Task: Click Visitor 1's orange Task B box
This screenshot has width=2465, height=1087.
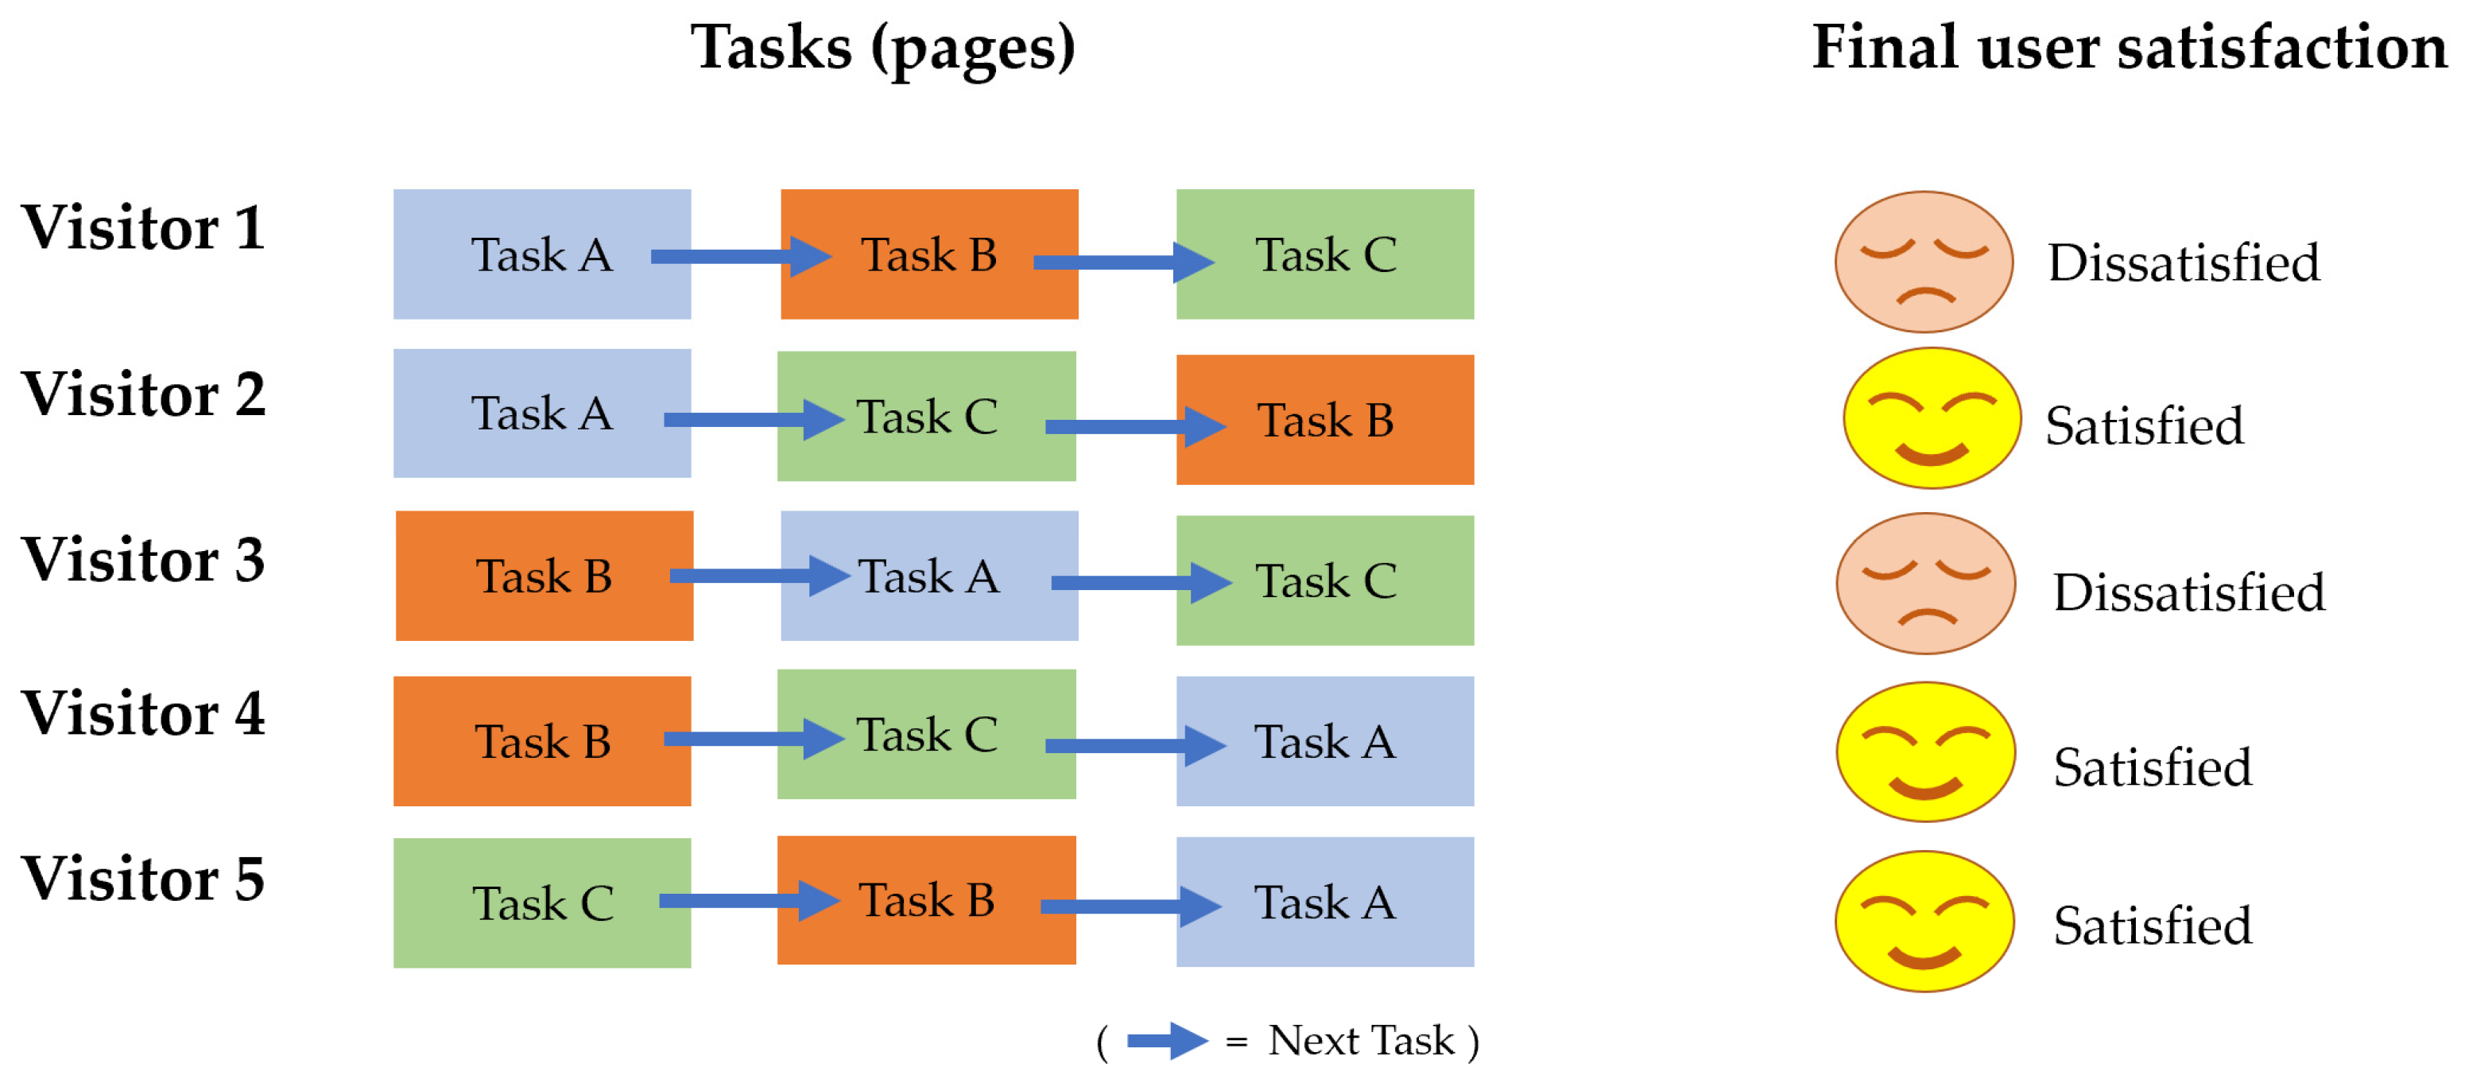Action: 928,254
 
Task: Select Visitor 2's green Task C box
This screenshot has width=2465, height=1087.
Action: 926,415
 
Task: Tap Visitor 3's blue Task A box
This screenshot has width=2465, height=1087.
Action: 928,575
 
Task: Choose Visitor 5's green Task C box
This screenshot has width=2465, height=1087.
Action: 541,903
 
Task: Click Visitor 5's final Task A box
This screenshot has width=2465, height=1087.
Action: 1324,902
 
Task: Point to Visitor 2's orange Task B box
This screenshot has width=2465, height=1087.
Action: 1324,419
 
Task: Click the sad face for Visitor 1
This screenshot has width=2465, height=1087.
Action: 1924,262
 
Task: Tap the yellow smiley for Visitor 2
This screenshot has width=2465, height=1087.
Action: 1931,418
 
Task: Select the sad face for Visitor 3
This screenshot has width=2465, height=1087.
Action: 1925,583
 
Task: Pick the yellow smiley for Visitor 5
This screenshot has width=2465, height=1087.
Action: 1924,921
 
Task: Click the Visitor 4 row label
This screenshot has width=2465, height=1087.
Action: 144,714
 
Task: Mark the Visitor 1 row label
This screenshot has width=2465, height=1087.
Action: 144,227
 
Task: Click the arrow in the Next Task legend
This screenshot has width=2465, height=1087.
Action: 1166,1041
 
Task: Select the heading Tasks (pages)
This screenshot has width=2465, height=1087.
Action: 882,48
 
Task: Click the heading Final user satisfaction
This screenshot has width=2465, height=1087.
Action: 2128,48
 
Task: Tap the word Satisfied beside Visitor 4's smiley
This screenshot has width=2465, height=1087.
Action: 2152,767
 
